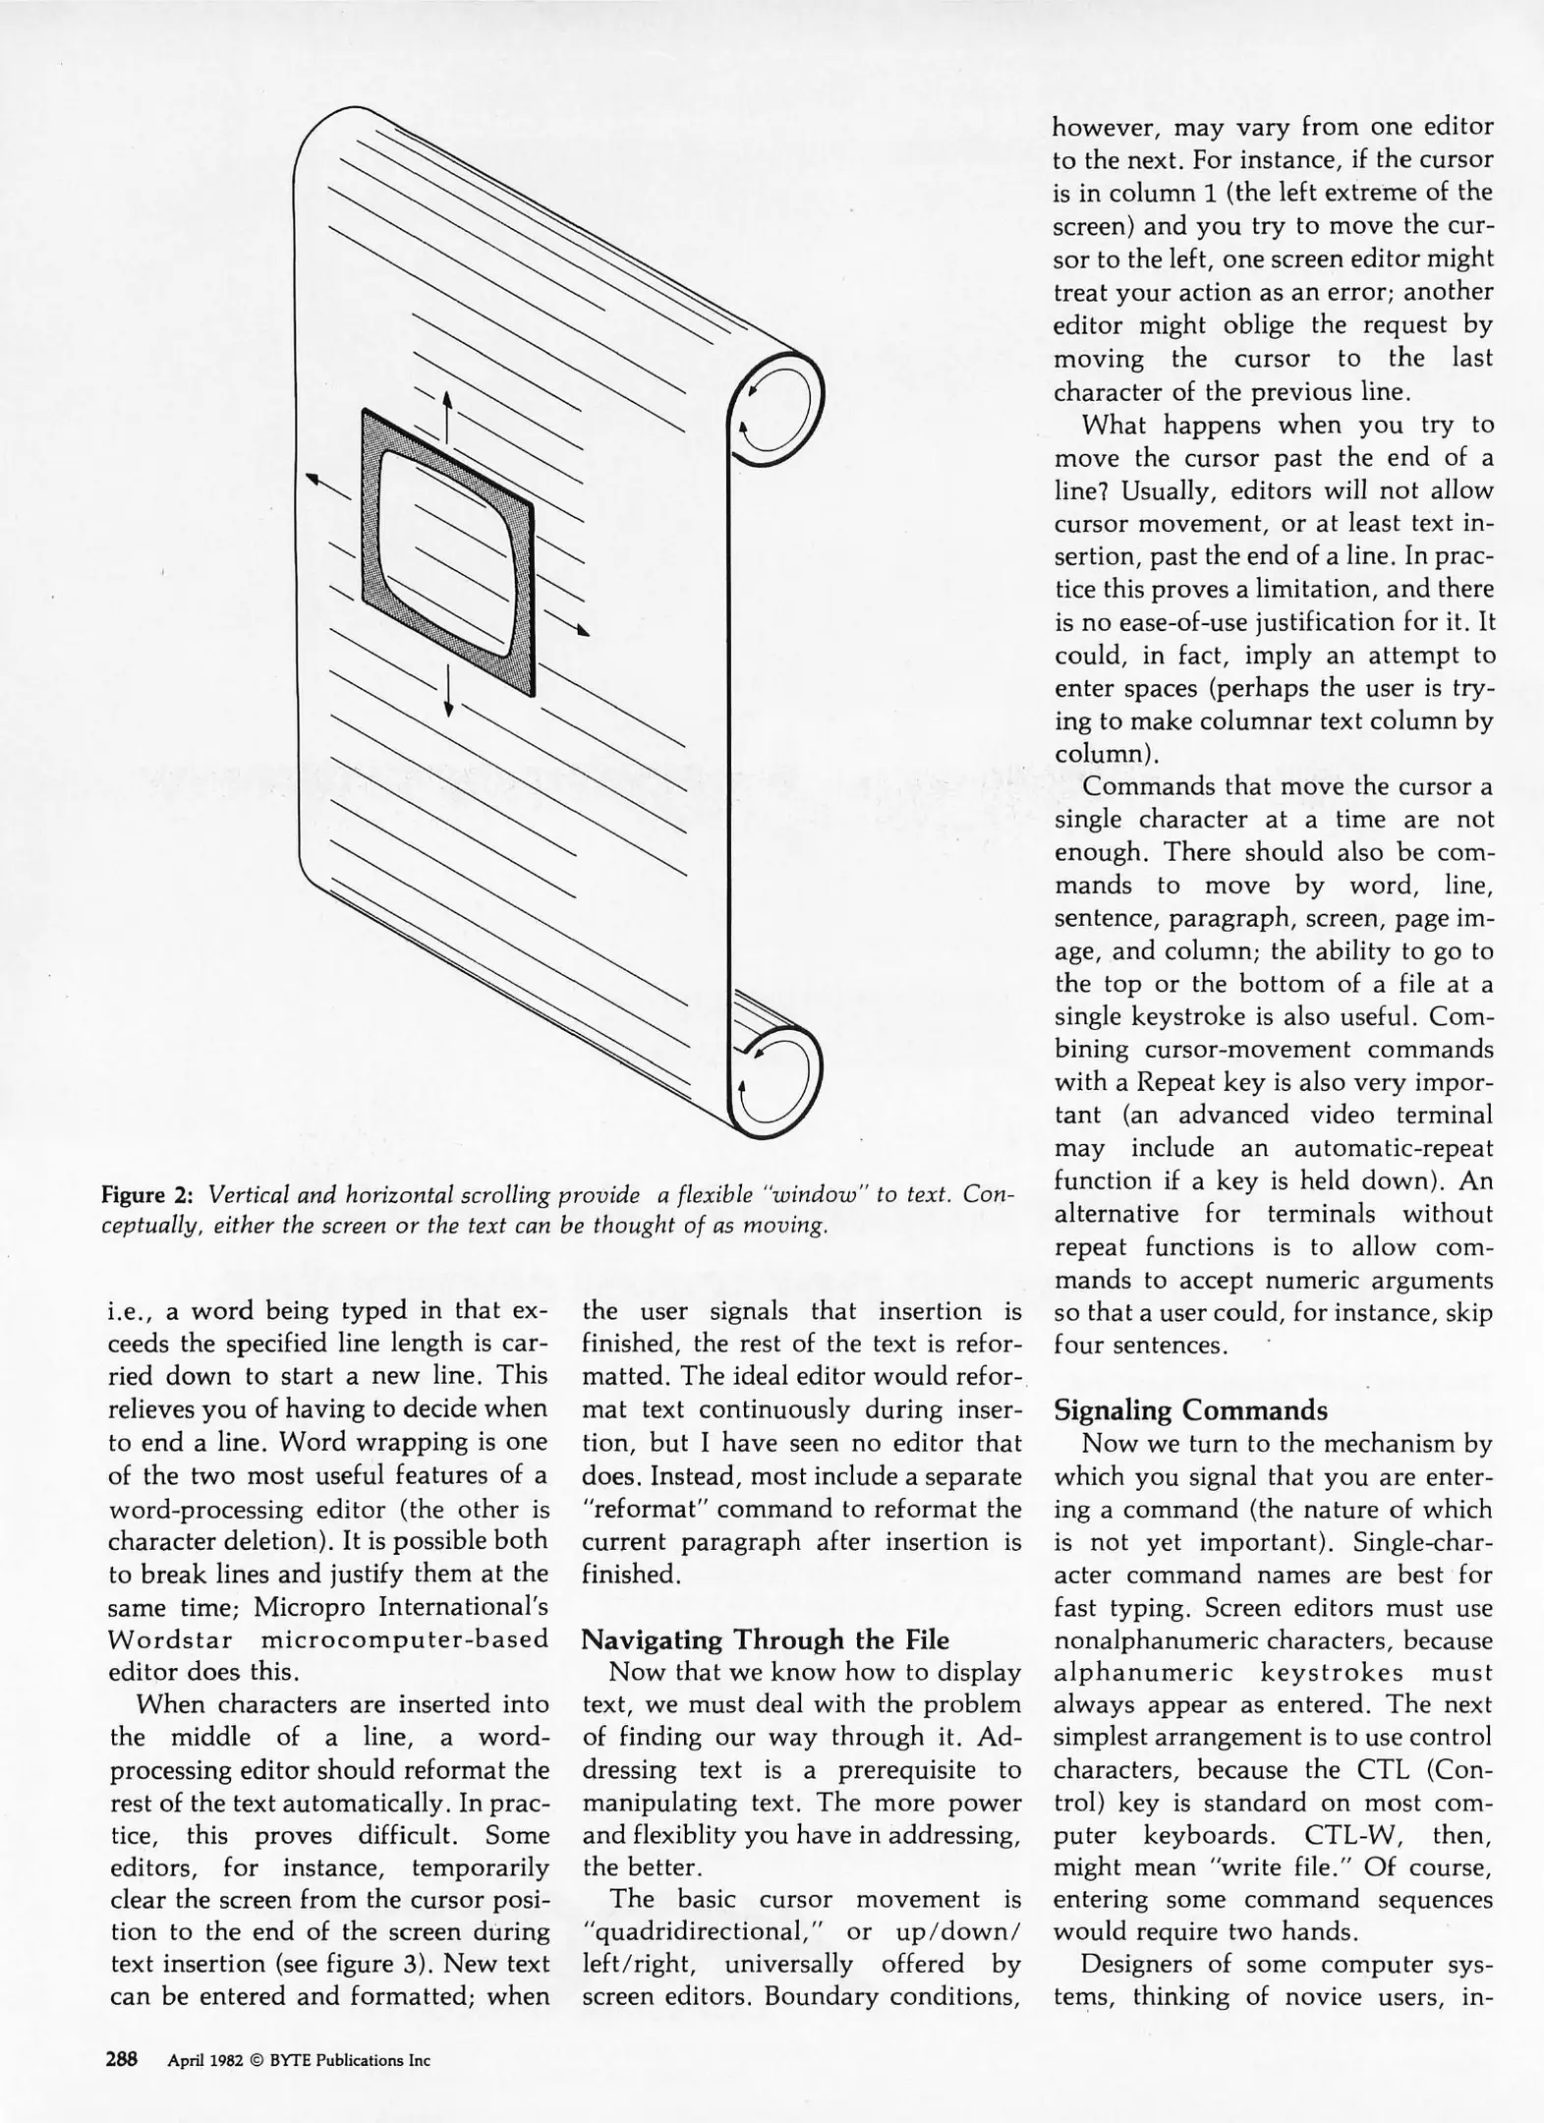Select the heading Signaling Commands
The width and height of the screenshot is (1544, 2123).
1190,1410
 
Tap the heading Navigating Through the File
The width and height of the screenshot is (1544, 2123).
766,1639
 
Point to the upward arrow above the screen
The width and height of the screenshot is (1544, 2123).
447,417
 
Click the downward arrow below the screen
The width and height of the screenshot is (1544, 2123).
448,690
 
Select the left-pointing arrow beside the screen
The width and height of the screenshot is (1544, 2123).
325,484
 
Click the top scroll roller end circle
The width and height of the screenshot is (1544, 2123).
776,407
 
